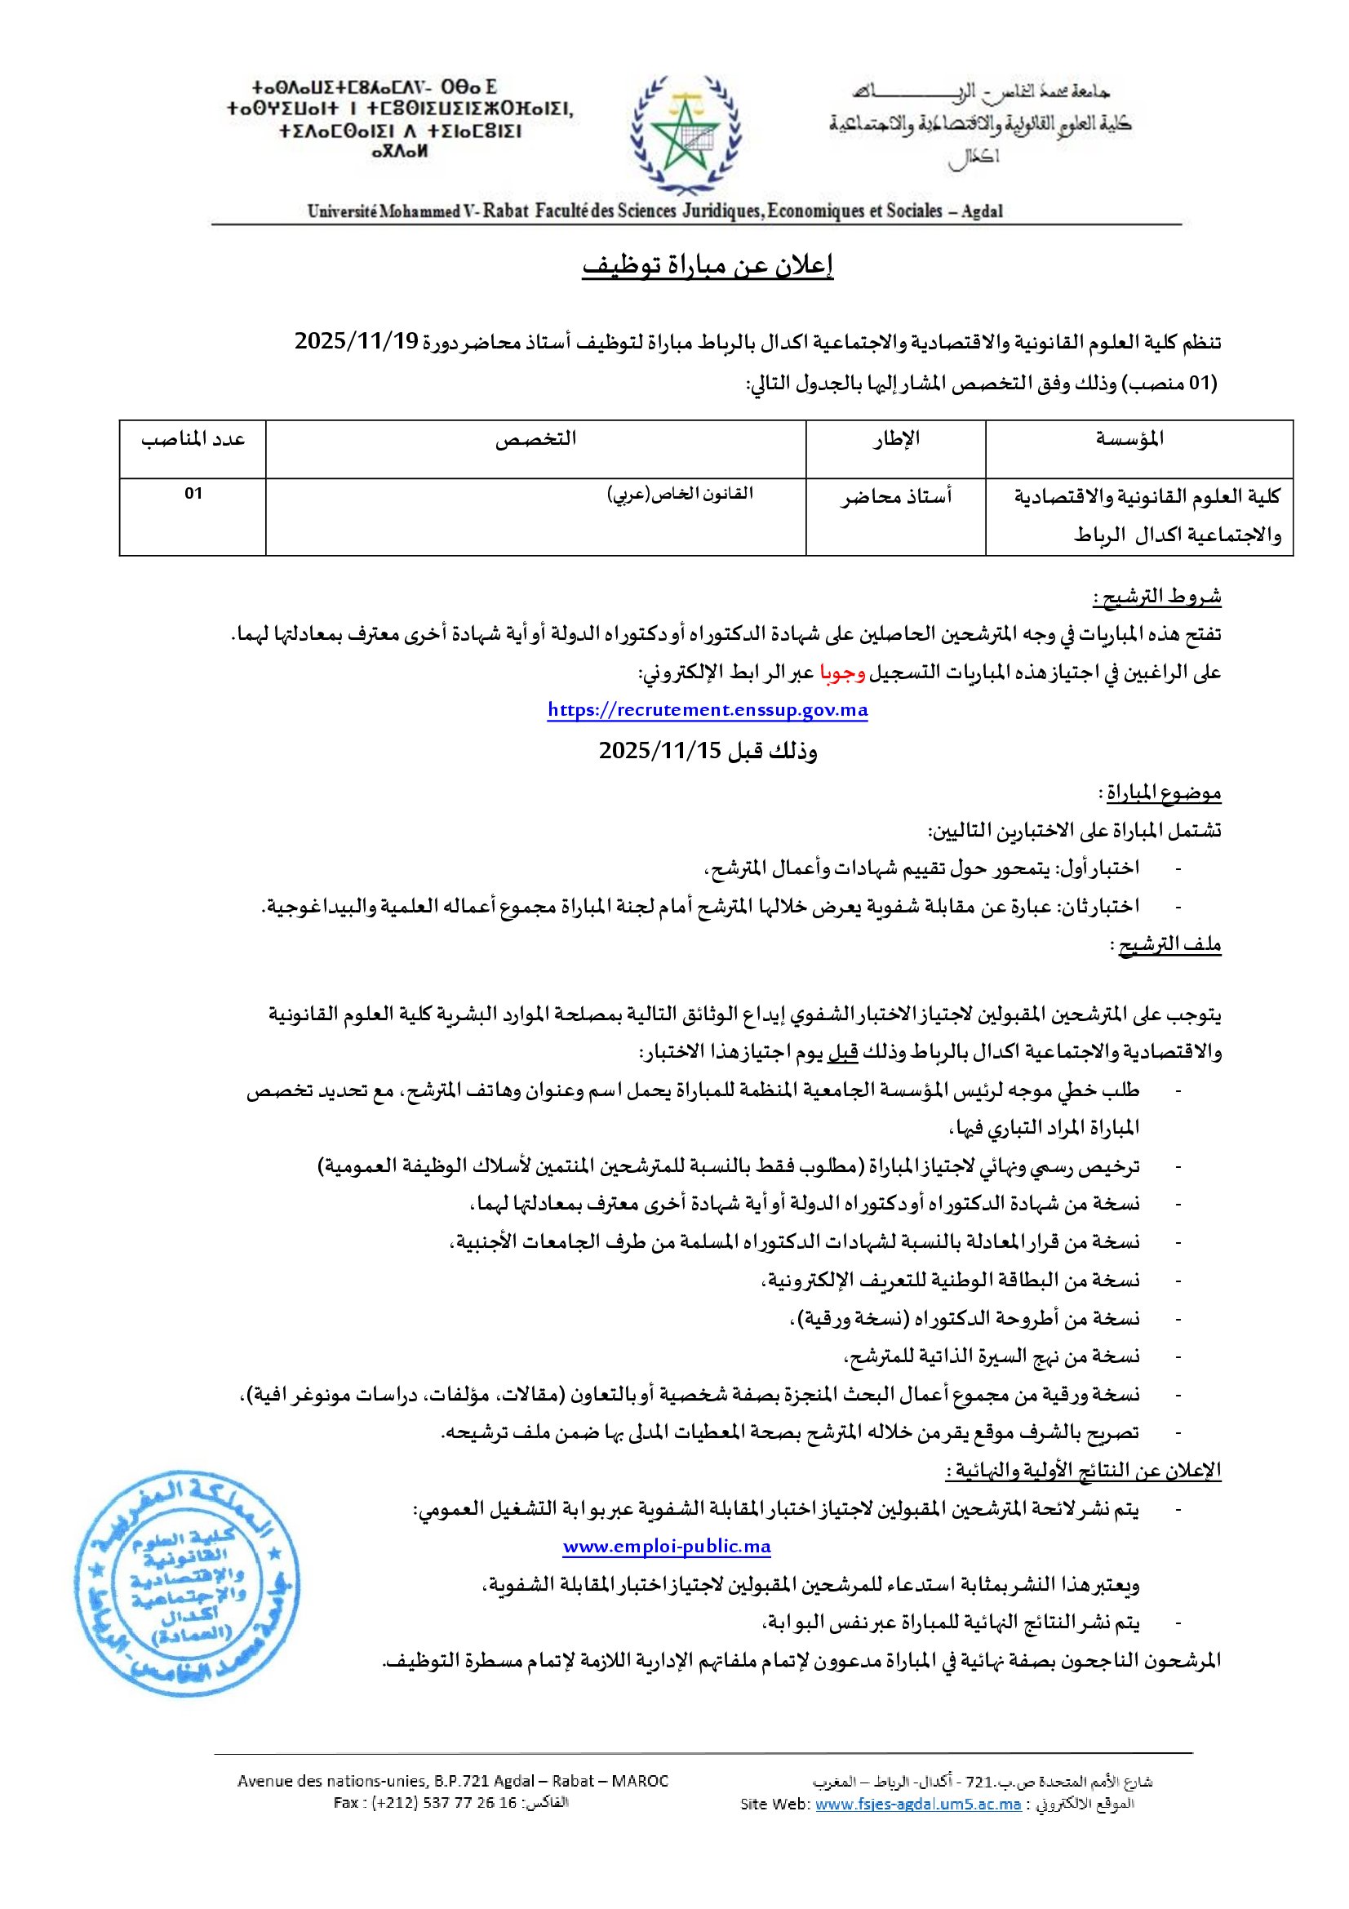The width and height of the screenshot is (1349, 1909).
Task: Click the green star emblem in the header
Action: [684, 133]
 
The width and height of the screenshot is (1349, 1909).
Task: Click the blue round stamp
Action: [186, 1584]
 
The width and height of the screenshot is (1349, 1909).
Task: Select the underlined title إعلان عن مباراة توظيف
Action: [708, 265]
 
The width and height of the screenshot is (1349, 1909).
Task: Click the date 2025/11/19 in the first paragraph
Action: [357, 342]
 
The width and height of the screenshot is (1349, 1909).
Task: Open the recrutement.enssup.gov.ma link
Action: [708, 710]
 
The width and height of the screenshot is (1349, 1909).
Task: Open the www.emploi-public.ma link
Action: [667, 1547]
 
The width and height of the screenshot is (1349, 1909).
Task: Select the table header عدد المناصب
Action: [193, 439]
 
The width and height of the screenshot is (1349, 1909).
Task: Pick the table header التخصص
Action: [536, 439]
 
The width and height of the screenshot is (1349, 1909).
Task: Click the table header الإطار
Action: [896, 439]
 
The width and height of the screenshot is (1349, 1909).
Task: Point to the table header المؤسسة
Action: [1129, 439]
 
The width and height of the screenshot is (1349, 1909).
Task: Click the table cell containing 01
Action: [193, 494]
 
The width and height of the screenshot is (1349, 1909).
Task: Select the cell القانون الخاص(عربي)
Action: [680, 494]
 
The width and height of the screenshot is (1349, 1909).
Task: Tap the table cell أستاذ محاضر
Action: [896, 497]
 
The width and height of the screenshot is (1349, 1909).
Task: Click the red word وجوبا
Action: [843, 672]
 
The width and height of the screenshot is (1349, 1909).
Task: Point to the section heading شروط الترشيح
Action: [1156, 597]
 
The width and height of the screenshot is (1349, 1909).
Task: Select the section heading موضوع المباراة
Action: [1163, 793]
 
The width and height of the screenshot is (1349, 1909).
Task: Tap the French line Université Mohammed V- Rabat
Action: [418, 211]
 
